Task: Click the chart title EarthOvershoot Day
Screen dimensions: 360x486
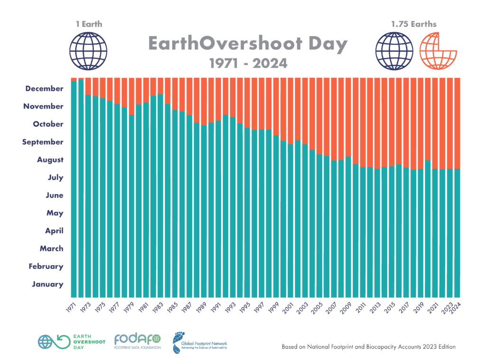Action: (x=248, y=44)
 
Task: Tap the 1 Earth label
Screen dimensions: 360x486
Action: (x=88, y=24)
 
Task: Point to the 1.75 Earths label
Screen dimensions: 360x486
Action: (x=414, y=24)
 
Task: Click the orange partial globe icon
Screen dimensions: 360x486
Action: (x=438, y=50)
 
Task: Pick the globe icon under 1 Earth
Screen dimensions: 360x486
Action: (x=88, y=50)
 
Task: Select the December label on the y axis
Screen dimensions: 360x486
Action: (x=44, y=88)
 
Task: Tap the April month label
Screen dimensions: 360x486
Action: (x=55, y=231)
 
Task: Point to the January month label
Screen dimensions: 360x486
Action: (x=47, y=284)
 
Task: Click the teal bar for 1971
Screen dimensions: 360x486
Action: (x=74, y=190)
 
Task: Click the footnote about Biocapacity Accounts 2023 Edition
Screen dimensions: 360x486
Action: (x=368, y=347)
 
